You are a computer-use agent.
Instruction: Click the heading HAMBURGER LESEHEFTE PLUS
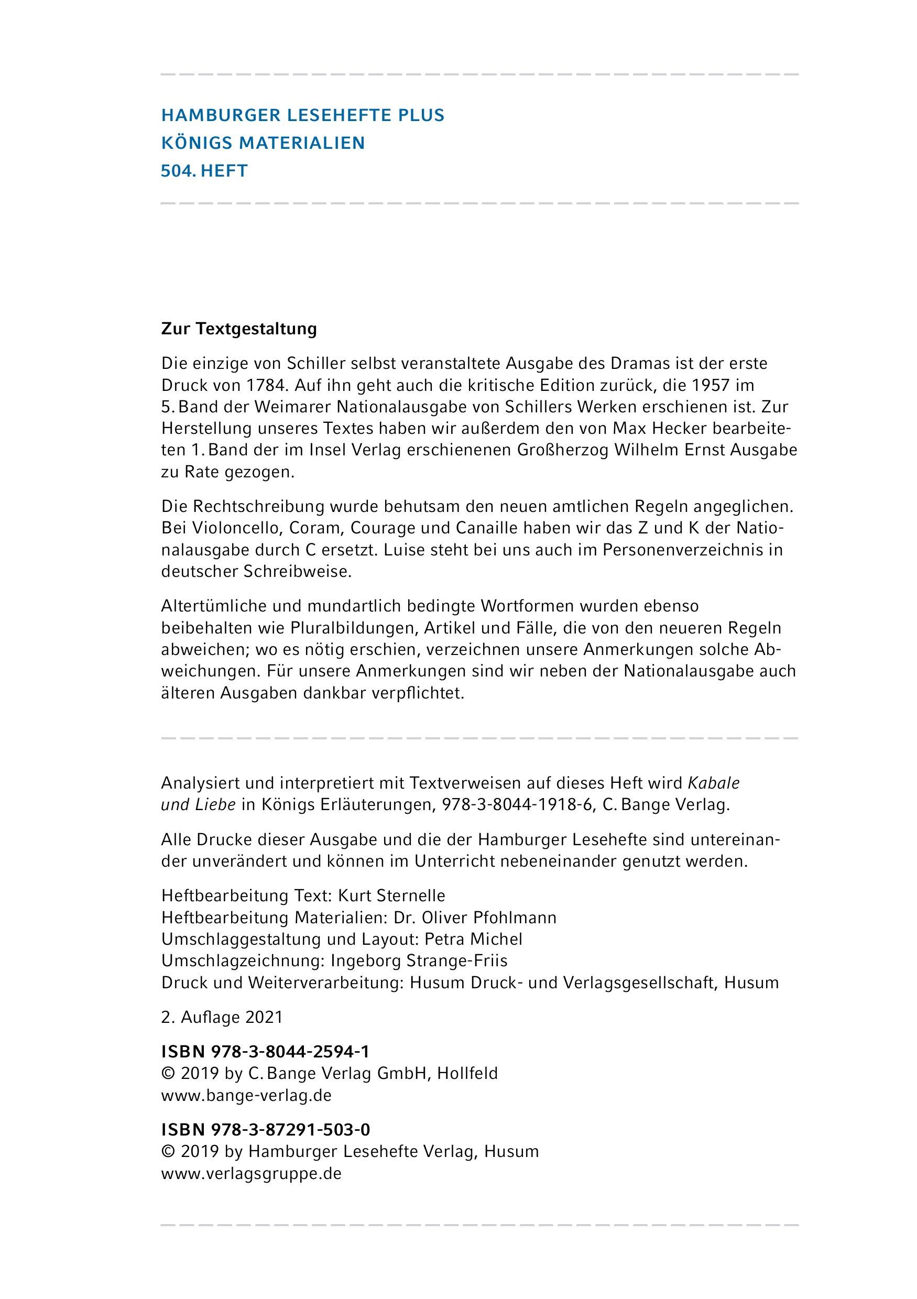(x=303, y=115)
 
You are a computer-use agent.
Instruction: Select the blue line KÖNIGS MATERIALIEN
(x=263, y=143)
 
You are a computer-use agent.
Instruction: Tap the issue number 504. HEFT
(x=204, y=171)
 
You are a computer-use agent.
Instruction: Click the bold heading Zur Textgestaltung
(x=239, y=329)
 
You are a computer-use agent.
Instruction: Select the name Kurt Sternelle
(x=391, y=896)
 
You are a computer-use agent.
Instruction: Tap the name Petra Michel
(x=473, y=939)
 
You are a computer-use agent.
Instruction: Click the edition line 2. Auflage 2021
(x=222, y=1017)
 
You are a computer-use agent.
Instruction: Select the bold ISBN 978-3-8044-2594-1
(x=265, y=1052)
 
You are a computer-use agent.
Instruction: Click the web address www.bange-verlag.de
(x=246, y=1095)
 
